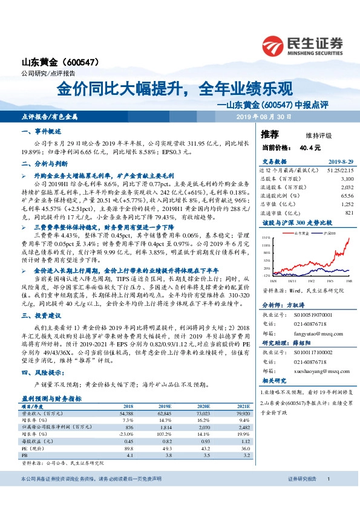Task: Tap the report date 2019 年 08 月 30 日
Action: pyautogui.click(x=263, y=115)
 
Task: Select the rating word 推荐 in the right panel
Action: pyautogui.click(x=270, y=134)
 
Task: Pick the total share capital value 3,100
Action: pyautogui.click(x=346, y=180)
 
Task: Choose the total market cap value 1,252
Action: pyautogui.click(x=346, y=205)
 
